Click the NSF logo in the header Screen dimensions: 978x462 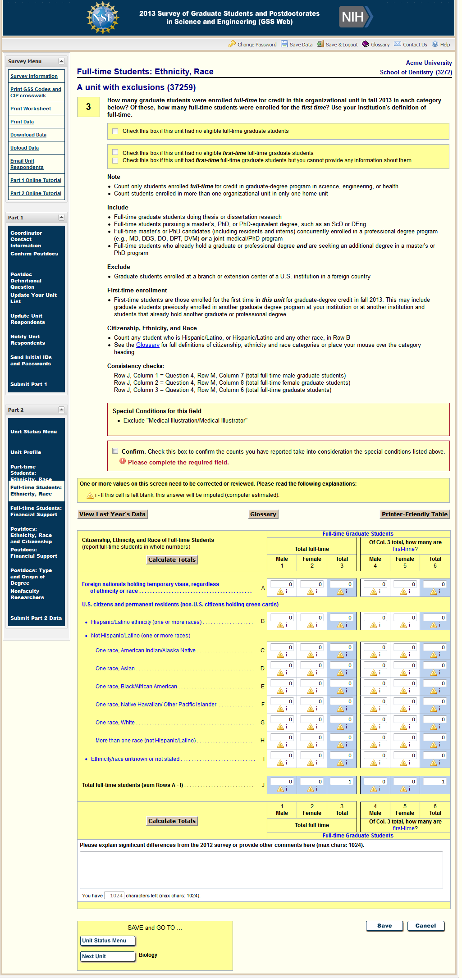pos(103,18)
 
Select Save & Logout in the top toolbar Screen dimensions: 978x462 pos(341,45)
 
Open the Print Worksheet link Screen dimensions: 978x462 pos(31,109)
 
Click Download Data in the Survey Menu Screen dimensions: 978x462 pos(28,135)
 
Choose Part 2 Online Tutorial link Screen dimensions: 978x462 pos(36,193)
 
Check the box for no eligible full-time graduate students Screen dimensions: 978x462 pos(115,131)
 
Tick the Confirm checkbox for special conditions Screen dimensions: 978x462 pos(115,451)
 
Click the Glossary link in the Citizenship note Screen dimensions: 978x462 pos(148,345)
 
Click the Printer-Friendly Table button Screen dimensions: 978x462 pos(414,514)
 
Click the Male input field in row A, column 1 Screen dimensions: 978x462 pos(282,584)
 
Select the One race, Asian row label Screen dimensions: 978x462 pos(115,669)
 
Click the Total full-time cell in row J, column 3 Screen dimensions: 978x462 pos(342,782)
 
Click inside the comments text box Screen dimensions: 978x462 pos(261,869)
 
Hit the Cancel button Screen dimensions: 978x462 pos(425,926)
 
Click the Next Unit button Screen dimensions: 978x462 pos(108,956)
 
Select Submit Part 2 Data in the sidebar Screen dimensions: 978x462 pos(36,618)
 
